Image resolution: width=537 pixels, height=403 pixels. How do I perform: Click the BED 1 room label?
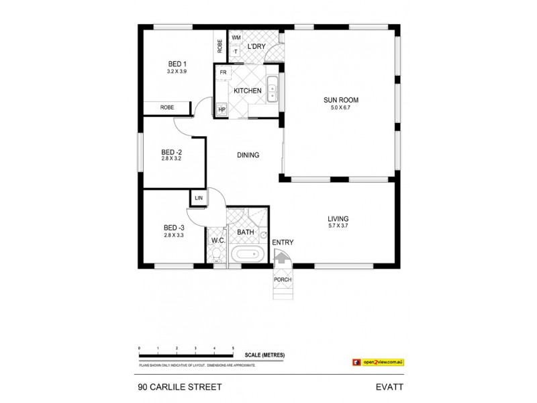tap(177, 64)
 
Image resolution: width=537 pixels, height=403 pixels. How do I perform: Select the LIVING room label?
tap(338, 219)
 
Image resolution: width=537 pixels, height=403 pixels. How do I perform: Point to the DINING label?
tap(248, 155)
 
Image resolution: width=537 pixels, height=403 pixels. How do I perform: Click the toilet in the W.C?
tap(216, 256)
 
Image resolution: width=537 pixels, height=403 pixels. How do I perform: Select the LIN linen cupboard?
tap(199, 198)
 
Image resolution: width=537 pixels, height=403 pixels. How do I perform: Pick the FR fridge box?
tap(223, 72)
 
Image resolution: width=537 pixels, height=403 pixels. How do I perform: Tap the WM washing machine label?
tap(236, 38)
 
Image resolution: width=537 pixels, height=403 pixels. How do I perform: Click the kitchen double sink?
tap(272, 90)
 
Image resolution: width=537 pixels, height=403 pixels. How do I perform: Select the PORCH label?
tap(282, 280)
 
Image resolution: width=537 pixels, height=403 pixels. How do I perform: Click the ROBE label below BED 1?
tap(168, 107)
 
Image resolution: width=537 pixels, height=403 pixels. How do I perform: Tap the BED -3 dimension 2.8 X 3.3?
tap(173, 235)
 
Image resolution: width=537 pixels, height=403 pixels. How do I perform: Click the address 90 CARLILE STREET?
tap(175, 388)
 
